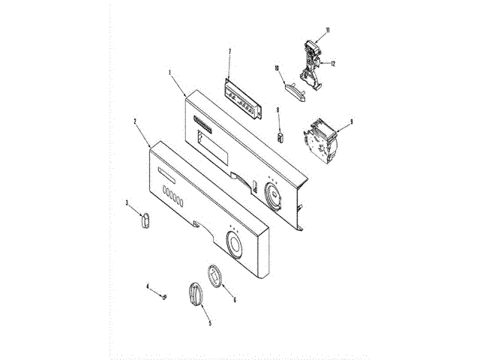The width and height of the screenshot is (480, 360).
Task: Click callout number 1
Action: tap(170, 73)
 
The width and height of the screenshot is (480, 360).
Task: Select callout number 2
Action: tap(135, 120)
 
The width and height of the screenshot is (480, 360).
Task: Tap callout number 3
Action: tap(127, 202)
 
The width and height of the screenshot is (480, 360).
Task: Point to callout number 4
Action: tap(148, 286)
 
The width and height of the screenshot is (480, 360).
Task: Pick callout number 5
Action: tap(209, 323)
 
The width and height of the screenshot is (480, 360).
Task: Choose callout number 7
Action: tap(229, 51)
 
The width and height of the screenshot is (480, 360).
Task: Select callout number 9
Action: tap(351, 121)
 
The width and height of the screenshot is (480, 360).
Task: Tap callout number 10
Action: tap(276, 68)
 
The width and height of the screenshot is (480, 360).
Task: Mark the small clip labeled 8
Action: tap(281, 136)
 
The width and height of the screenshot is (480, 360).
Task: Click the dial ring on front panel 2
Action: tap(234, 245)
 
